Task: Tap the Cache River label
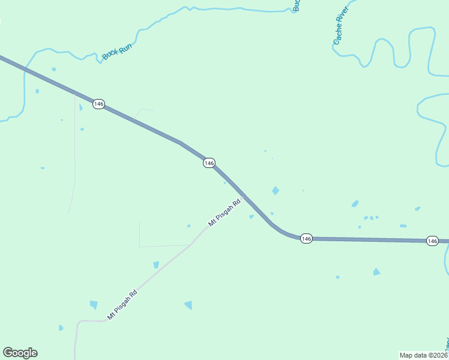point(341,30)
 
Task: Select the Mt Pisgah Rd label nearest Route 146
point(224,213)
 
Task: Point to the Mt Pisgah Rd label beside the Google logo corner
point(122,304)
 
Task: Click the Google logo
point(20,353)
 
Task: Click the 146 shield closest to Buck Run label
point(98,104)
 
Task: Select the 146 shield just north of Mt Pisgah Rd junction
point(209,163)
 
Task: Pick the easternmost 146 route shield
point(432,241)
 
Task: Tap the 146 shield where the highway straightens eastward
point(306,239)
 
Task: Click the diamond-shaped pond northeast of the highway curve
point(276,191)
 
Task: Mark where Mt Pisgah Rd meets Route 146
point(241,197)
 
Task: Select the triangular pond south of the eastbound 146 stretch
point(376,272)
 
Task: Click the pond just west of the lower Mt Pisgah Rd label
point(94,305)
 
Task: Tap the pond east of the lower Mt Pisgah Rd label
point(188,305)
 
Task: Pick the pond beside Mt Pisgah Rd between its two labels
point(156,265)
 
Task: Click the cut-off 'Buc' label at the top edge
point(296,5)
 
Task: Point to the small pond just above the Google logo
point(61,328)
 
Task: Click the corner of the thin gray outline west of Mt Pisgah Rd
point(140,246)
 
